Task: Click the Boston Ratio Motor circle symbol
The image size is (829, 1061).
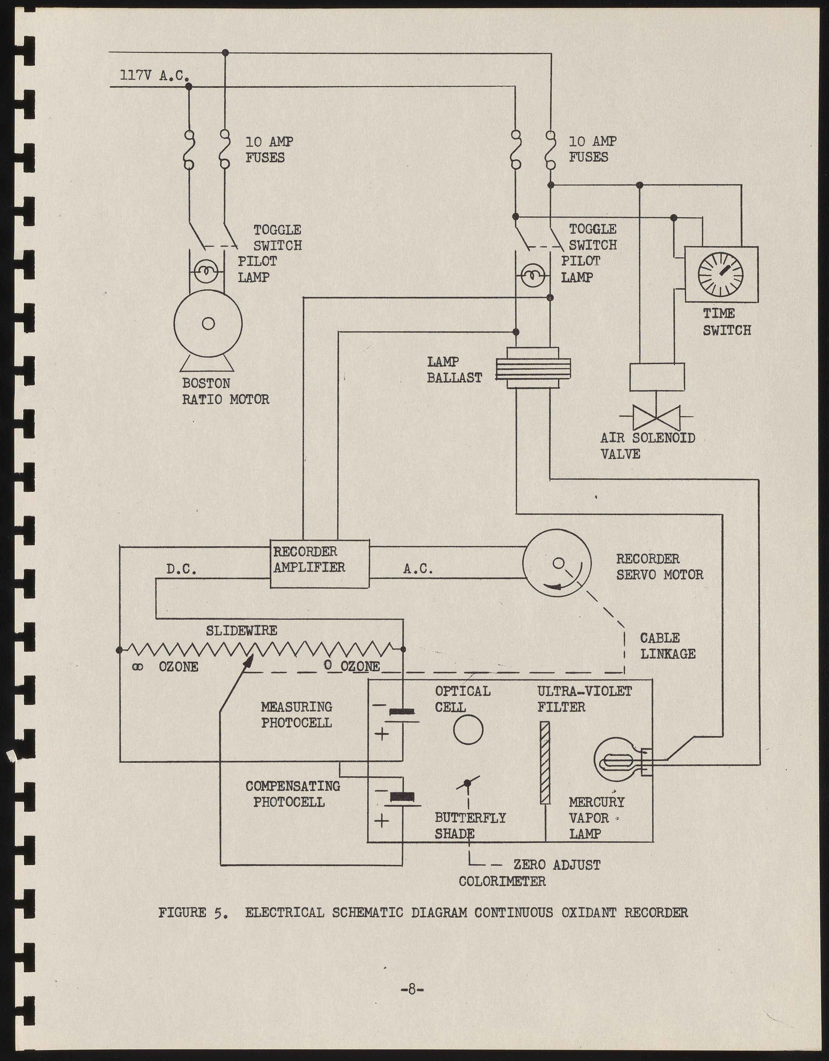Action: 208,324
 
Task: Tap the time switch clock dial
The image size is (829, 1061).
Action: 720,274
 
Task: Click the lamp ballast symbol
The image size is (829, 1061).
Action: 532,368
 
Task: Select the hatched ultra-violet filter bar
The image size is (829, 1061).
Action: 545,763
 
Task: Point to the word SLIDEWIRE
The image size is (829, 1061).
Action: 241,631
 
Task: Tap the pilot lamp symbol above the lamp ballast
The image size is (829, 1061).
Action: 532,277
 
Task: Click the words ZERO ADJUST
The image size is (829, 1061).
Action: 557,865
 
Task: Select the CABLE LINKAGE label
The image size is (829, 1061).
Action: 667,646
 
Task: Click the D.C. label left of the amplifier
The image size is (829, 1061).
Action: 181,569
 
